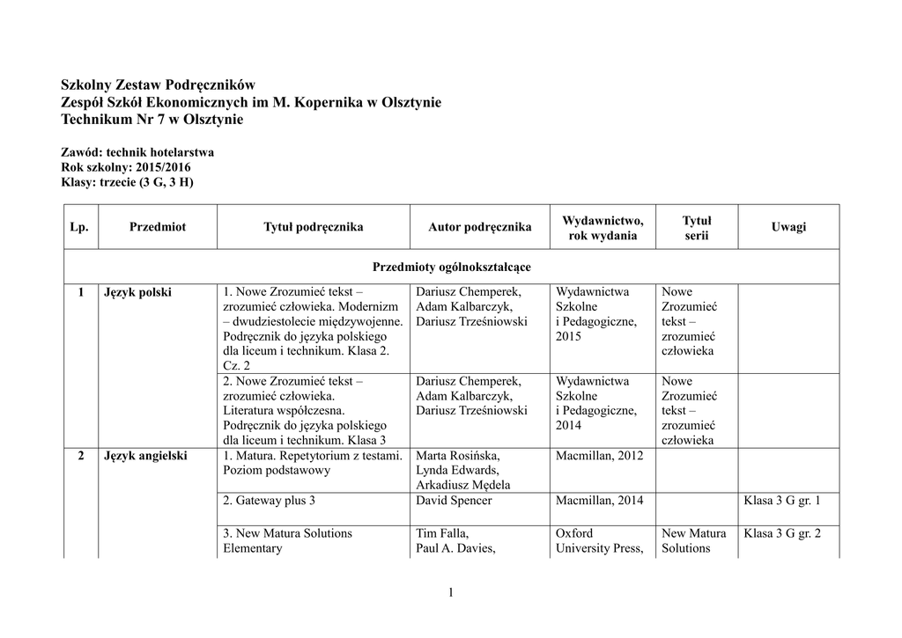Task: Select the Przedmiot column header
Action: click(x=157, y=227)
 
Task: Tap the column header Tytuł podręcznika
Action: click(x=313, y=227)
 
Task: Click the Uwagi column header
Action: click(x=788, y=227)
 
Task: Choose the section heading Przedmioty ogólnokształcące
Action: click(x=451, y=266)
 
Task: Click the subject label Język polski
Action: click(x=137, y=292)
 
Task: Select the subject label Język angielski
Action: click(x=145, y=456)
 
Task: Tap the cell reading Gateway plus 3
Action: click(x=270, y=501)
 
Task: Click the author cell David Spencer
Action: click(x=454, y=501)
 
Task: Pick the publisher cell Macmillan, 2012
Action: click(x=600, y=456)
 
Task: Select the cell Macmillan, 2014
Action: click(x=600, y=501)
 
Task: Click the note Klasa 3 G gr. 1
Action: click(x=782, y=501)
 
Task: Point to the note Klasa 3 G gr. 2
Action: click(x=782, y=533)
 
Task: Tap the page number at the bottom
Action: click(x=450, y=592)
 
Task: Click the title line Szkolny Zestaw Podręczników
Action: click(x=158, y=84)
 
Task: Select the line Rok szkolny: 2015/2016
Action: click(x=125, y=167)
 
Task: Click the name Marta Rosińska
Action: click(x=457, y=456)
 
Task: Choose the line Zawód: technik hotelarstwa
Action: click(x=137, y=152)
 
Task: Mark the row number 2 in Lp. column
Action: click(x=80, y=456)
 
